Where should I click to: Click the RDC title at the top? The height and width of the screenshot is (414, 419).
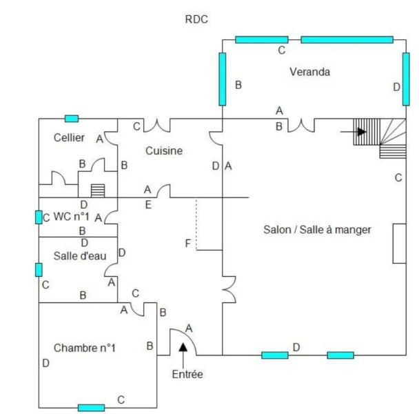click(196, 20)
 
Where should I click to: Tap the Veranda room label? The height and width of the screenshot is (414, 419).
click(309, 72)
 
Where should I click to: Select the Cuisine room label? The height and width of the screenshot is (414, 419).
click(164, 151)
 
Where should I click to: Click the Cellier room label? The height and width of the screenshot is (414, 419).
click(69, 137)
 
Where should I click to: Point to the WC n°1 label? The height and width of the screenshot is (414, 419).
click(72, 216)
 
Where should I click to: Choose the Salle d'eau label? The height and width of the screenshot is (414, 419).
click(80, 256)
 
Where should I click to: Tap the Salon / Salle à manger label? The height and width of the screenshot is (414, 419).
click(318, 230)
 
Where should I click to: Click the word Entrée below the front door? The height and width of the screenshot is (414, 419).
click(187, 375)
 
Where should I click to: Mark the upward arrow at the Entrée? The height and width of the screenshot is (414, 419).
click(183, 348)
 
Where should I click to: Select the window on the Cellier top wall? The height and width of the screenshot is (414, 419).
click(71, 119)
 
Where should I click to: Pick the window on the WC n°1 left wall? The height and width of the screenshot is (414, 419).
click(39, 217)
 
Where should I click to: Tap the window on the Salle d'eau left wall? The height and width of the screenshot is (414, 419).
click(39, 269)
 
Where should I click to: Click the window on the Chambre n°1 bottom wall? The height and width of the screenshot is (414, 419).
click(91, 408)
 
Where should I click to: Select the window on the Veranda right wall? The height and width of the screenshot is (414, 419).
click(406, 77)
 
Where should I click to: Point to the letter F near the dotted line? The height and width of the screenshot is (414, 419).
click(188, 243)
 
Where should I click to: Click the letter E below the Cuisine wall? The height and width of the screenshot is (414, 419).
click(147, 204)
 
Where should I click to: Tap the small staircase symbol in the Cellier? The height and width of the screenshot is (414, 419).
click(97, 190)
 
